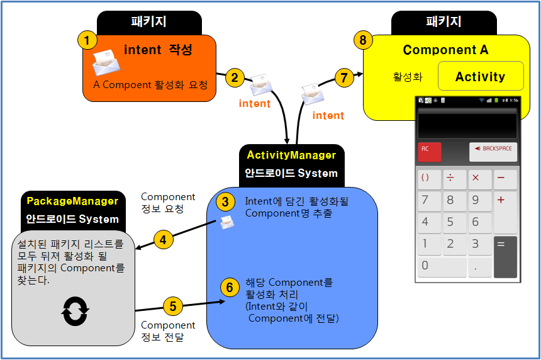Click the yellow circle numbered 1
(x=87, y=41)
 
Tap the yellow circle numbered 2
(x=235, y=78)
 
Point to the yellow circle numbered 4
(x=163, y=240)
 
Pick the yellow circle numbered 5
(x=173, y=307)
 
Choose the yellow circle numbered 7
(x=343, y=78)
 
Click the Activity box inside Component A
(x=481, y=77)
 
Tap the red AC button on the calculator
(x=430, y=152)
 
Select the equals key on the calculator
(x=505, y=256)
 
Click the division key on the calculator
(x=450, y=178)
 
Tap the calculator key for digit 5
(x=450, y=222)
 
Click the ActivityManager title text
(x=291, y=155)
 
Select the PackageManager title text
(x=72, y=201)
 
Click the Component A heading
(x=445, y=50)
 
